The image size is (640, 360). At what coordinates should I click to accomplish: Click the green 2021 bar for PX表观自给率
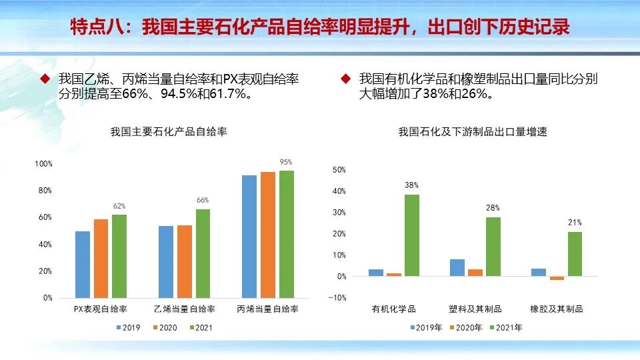pyautogui.click(x=119, y=256)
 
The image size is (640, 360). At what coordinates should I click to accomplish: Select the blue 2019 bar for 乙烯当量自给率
pyautogui.click(x=166, y=261)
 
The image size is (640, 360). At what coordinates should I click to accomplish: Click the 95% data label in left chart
pyautogui.click(x=286, y=162)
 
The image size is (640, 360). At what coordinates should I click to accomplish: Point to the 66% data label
pyautogui.click(x=203, y=200)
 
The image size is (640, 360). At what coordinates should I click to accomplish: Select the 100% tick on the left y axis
pyautogui.click(x=43, y=164)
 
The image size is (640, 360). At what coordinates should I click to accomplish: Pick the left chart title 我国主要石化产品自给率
pyautogui.click(x=169, y=132)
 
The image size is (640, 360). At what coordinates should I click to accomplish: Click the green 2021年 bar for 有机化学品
pyautogui.click(x=412, y=235)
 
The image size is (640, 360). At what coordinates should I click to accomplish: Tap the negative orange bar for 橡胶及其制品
pyautogui.click(x=557, y=278)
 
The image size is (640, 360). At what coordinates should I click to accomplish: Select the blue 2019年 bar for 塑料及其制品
pyautogui.click(x=457, y=267)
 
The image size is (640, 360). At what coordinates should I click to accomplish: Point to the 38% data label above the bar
pyautogui.click(x=411, y=185)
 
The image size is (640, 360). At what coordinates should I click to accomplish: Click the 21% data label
pyautogui.click(x=575, y=223)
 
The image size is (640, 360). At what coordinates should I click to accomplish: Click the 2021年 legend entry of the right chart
pyautogui.click(x=505, y=327)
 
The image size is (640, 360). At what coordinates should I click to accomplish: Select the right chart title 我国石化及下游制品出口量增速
pyautogui.click(x=472, y=132)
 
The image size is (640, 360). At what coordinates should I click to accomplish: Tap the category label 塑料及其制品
pyautogui.click(x=475, y=309)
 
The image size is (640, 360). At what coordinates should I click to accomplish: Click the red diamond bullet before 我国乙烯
pyautogui.click(x=45, y=79)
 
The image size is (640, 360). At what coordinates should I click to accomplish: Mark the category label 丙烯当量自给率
pyautogui.click(x=267, y=309)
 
